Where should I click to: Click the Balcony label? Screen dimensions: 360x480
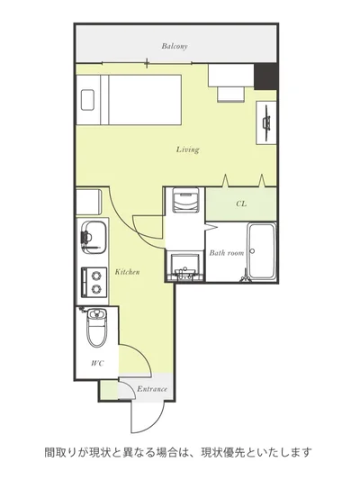click(175, 46)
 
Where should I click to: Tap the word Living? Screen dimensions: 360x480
click(187, 149)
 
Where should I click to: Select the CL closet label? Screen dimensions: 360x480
click(241, 204)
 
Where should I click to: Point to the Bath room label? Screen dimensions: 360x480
click(227, 253)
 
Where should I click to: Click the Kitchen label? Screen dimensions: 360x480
click(127, 272)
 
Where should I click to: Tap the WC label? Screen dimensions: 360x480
click(98, 363)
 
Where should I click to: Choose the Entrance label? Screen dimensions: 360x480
click(152, 389)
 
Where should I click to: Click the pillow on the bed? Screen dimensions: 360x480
click(87, 100)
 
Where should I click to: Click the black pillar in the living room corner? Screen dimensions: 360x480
click(265, 77)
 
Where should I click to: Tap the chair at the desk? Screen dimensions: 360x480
click(231, 95)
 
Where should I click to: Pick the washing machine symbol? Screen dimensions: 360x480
click(185, 200)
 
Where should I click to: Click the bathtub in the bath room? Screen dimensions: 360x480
click(262, 251)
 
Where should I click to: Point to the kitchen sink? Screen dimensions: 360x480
click(94, 237)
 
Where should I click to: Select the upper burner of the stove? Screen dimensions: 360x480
click(96, 276)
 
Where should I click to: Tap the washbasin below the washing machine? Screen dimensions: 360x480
click(186, 267)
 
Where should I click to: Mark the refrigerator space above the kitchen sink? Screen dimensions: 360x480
click(89, 202)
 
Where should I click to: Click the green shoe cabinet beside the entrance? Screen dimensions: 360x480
click(109, 390)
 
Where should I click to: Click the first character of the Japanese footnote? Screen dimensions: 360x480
click(49, 452)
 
